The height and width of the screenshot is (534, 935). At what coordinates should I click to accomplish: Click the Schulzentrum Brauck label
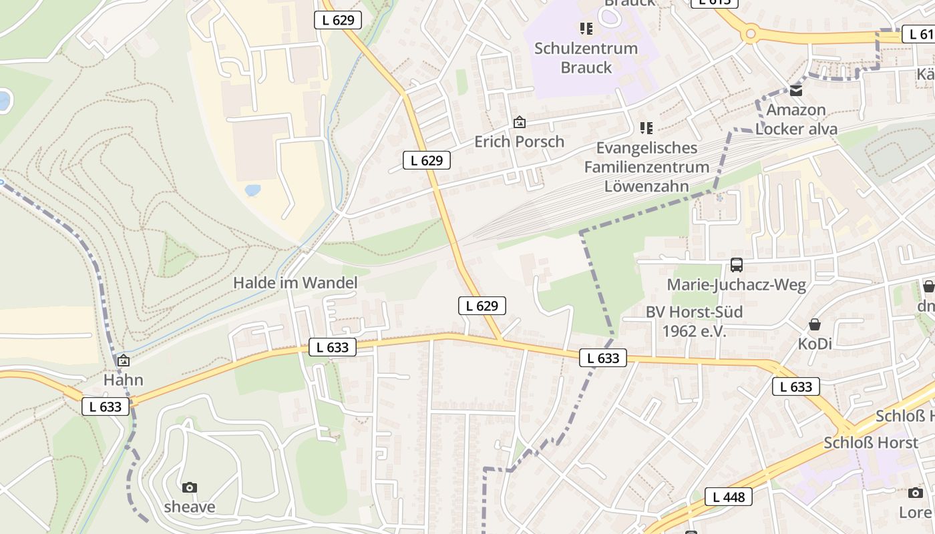click(586, 58)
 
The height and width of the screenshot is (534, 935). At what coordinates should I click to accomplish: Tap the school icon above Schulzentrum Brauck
click(586, 28)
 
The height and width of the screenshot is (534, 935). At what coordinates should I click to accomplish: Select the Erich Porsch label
click(519, 142)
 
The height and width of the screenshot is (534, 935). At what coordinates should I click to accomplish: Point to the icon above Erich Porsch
click(519, 122)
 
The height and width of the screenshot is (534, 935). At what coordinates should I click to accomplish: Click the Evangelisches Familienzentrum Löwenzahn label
click(646, 167)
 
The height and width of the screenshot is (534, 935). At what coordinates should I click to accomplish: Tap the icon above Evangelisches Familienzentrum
click(646, 127)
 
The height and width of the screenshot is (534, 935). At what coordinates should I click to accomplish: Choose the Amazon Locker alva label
click(796, 119)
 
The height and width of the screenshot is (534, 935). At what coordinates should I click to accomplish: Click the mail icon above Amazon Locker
click(796, 90)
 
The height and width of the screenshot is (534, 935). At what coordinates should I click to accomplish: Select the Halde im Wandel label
click(295, 283)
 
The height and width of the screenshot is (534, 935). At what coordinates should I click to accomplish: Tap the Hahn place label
click(124, 380)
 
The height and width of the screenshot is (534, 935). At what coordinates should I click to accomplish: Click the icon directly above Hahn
click(124, 361)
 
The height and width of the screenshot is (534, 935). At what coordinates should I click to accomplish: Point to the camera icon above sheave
click(190, 487)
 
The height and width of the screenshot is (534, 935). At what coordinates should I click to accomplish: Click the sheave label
click(190, 507)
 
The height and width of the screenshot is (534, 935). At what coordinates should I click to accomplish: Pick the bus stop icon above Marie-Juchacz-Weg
click(737, 265)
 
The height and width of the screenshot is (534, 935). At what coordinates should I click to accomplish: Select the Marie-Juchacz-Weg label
click(737, 285)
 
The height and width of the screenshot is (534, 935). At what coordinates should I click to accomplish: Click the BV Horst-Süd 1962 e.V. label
click(694, 321)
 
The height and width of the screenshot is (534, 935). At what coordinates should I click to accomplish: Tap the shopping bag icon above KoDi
click(815, 325)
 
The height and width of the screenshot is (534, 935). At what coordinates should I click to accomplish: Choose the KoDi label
click(815, 344)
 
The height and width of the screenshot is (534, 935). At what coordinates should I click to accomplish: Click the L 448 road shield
click(729, 497)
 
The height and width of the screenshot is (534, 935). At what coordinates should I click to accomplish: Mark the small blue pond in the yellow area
click(252, 190)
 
